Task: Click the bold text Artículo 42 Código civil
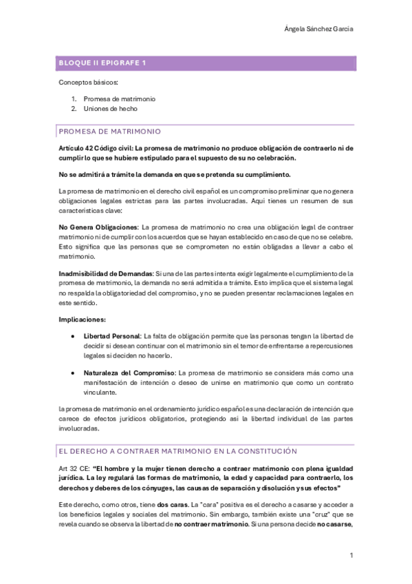(x=96, y=147)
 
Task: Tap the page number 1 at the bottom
(x=351, y=555)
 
